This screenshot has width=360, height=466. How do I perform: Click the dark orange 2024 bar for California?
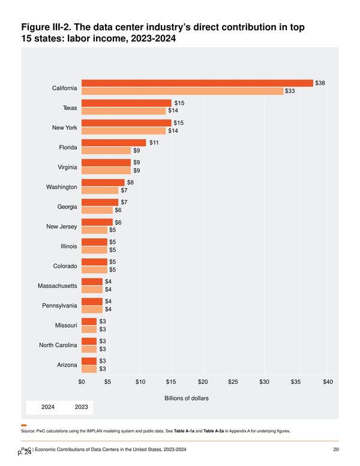pos(197,83)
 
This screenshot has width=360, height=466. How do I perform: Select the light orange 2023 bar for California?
pos(182,91)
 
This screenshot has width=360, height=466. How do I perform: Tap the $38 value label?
pos(320,83)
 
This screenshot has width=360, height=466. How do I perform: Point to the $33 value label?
pos(290,91)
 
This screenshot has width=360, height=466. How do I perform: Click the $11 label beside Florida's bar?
pos(154,143)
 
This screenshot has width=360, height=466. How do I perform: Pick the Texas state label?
pos(70,108)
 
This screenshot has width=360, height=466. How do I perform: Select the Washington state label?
pos(61,187)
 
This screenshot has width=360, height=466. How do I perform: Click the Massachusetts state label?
pos(58,286)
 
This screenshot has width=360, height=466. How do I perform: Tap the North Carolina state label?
pos(58,345)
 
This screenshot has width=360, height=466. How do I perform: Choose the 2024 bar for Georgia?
pos(100,202)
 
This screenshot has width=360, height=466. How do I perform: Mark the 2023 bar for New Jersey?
pos(94,230)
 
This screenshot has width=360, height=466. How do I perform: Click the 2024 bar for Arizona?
pos(89,361)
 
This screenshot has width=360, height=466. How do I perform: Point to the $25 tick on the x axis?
pos(233,382)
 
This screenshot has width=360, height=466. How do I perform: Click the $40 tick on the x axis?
pos(328,382)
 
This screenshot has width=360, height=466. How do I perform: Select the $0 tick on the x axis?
pos(82,382)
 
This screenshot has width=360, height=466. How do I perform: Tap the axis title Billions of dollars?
pos(187,398)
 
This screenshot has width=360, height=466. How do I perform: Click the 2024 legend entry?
pos(48,407)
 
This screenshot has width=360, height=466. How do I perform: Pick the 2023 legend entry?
pos(82,407)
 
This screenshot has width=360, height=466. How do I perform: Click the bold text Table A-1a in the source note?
pos(184,431)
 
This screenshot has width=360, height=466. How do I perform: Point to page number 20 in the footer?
pos(336,449)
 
